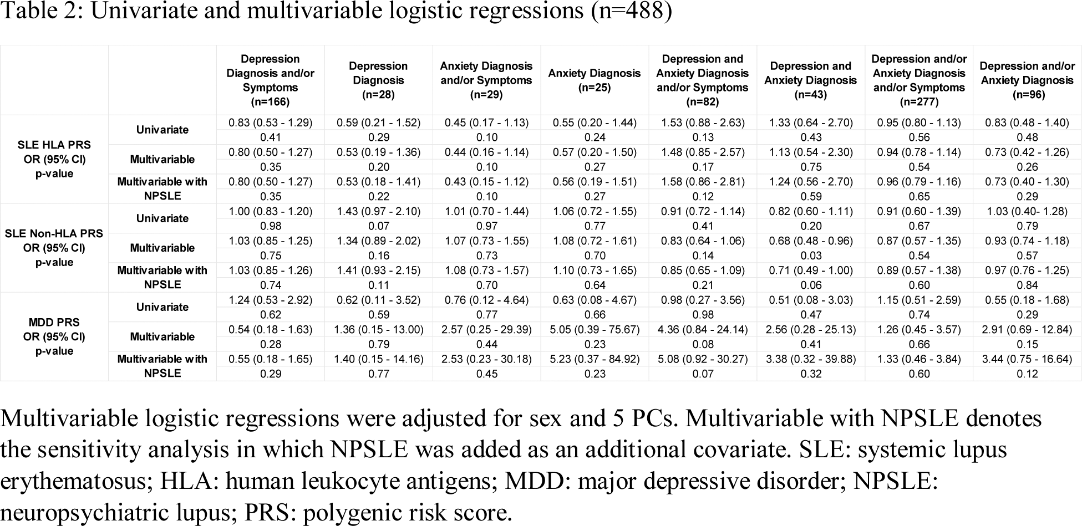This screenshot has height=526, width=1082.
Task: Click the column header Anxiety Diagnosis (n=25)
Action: (x=595, y=80)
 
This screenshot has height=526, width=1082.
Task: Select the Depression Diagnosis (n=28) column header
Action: (x=378, y=80)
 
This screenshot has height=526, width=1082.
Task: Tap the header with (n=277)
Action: (x=919, y=80)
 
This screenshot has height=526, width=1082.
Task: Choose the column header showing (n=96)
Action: (x=1027, y=80)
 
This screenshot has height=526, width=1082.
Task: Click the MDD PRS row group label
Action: (x=54, y=336)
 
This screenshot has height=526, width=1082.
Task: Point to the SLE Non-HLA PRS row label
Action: (x=54, y=248)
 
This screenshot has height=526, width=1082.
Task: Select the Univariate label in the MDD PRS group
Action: (x=162, y=307)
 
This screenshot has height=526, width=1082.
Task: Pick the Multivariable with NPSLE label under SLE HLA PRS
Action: (x=162, y=188)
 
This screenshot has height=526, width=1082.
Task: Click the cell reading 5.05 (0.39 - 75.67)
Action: (x=595, y=329)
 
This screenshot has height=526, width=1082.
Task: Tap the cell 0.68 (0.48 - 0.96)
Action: (x=811, y=241)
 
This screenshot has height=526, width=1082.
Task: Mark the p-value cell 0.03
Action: (x=811, y=256)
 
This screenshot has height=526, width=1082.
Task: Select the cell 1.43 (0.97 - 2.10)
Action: (x=378, y=211)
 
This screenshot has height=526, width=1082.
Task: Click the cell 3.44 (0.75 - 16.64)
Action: (x=1027, y=359)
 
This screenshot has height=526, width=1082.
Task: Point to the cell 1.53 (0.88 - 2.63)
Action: (x=703, y=122)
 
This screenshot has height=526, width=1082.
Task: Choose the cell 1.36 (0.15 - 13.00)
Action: (x=378, y=329)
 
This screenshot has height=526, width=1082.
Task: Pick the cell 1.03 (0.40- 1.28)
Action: (x=1027, y=211)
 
